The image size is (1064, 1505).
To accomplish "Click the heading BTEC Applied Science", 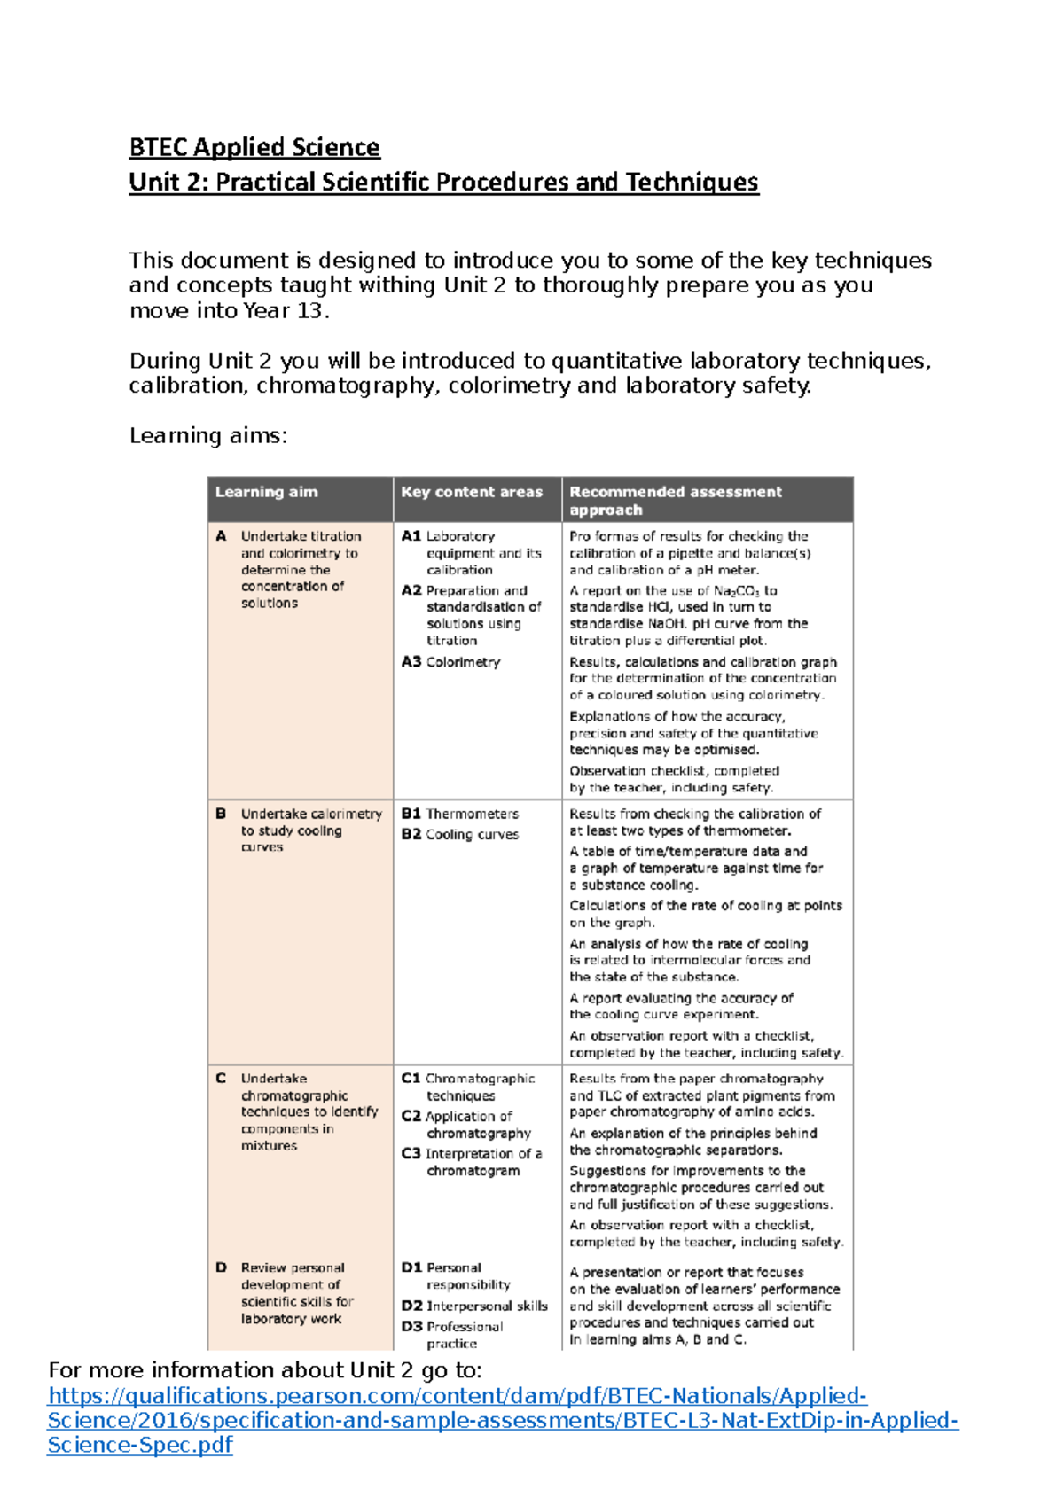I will (x=254, y=147).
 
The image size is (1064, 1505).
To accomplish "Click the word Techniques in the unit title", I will (x=692, y=183).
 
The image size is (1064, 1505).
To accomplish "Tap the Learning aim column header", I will (x=266, y=492).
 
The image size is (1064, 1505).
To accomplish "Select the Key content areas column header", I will (x=471, y=492).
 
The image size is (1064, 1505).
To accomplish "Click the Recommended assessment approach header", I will (x=676, y=500).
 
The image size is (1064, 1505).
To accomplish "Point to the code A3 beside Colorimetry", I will (x=411, y=662).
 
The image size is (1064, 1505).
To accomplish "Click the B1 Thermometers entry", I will (x=460, y=814).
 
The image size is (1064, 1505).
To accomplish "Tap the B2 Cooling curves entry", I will (x=460, y=835).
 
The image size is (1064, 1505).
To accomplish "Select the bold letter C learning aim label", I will (x=221, y=1079).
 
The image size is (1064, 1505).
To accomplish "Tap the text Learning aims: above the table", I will (x=208, y=436).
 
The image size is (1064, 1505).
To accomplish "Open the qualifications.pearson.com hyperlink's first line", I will (x=457, y=1396).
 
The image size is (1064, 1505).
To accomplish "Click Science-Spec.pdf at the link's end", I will (x=139, y=1446).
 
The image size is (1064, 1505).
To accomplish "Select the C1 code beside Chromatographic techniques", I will (x=411, y=1079).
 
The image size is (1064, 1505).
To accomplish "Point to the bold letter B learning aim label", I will (x=221, y=814).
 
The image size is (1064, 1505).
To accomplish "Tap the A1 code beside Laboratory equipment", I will (x=411, y=536).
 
